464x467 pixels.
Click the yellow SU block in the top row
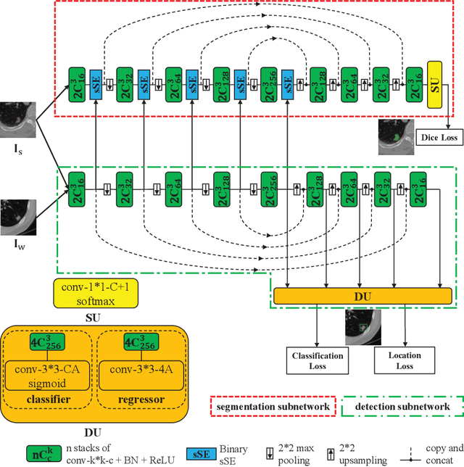tap(436, 86)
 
